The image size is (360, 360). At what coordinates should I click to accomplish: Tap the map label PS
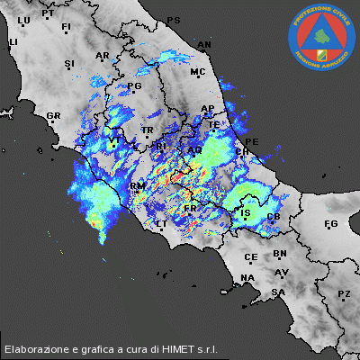point(174,20)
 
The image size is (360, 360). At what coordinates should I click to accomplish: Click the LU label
point(24,20)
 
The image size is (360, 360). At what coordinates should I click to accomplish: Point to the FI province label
point(66,28)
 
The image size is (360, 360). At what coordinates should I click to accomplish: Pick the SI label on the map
point(69,63)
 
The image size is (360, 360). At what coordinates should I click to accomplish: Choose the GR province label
point(53,116)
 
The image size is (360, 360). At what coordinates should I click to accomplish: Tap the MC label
point(198,72)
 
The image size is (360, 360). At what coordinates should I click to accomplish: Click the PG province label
point(136,86)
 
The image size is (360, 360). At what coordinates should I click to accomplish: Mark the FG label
point(330,223)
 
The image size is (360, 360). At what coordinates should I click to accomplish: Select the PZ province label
point(344,294)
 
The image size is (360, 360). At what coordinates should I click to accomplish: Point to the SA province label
point(279,292)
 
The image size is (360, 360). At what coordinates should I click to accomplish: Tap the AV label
point(282,272)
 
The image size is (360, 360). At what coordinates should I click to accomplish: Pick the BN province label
point(280,254)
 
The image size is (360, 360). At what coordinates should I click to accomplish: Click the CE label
point(250,256)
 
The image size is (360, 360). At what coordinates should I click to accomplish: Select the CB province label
point(274,218)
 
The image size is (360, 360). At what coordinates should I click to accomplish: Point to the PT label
point(48,13)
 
